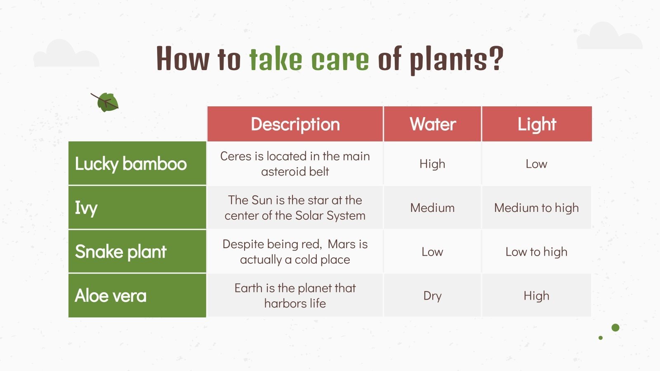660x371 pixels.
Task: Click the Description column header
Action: [295, 124]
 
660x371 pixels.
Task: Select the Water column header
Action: [432, 124]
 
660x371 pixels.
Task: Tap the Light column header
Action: [537, 124]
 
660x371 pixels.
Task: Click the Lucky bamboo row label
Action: [131, 164]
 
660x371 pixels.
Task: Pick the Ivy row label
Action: [86, 208]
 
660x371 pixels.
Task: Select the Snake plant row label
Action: [120, 251]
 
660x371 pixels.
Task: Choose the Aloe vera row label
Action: [111, 296]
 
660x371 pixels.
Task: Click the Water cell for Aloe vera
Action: [432, 296]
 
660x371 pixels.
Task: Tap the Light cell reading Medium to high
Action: [536, 208]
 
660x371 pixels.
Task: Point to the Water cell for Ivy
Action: [432, 208]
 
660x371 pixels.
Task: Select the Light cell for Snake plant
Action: [536, 251]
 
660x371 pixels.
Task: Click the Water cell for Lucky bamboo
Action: [432, 164]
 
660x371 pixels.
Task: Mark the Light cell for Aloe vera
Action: [536, 296]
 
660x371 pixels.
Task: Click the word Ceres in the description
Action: [236, 156]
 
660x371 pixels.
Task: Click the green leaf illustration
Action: [106, 102]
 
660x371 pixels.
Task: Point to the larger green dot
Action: [615, 328]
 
